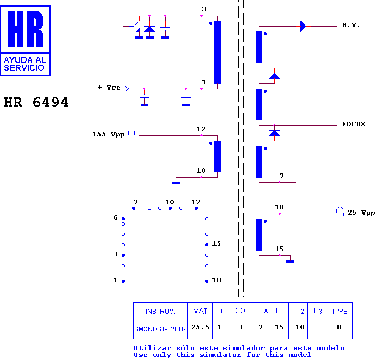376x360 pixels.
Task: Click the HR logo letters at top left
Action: point(25,29)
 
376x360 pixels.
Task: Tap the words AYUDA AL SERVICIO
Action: point(24,64)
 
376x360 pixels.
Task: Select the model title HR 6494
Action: point(36,102)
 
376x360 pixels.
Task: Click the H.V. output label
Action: point(350,25)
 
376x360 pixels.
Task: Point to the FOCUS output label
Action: point(353,124)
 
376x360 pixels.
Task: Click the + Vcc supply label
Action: point(109,88)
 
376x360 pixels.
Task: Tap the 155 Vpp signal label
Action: point(109,134)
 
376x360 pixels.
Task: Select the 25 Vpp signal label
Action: point(361,213)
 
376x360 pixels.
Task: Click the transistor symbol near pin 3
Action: point(136,27)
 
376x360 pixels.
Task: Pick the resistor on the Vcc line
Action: point(170,89)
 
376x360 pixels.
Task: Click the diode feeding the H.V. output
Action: point(303,26)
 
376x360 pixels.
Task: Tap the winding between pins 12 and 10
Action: point(217,156)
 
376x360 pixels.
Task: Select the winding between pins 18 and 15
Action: point(259,234)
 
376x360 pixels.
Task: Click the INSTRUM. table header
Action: point(160,312)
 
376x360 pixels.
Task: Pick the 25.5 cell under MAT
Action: point(200,327)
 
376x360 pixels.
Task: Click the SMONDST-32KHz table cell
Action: point(160,329)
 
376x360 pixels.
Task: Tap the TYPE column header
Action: point(340,312)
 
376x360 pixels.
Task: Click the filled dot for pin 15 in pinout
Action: point(207,245)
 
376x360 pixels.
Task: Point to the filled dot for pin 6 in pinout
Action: point(123,219)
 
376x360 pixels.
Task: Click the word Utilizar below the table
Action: point(152,348)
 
